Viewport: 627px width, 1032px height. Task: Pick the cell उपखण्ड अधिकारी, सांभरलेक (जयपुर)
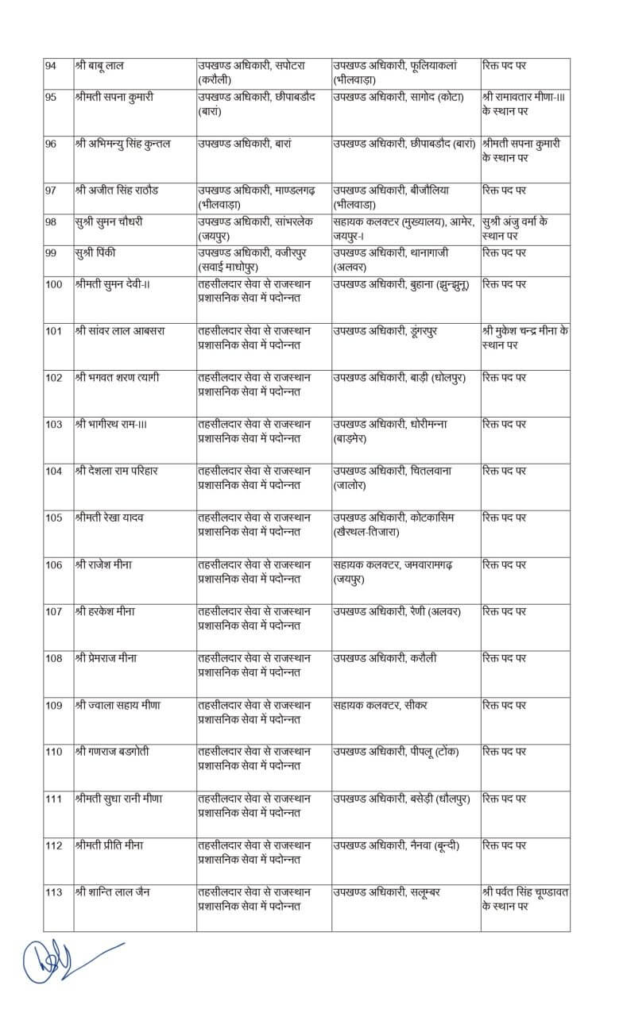251,229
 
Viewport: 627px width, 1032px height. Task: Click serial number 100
54,284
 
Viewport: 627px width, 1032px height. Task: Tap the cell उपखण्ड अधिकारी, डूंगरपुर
383,330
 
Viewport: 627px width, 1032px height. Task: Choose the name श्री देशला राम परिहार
117,471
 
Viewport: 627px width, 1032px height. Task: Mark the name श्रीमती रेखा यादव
110,518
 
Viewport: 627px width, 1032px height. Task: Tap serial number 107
54,611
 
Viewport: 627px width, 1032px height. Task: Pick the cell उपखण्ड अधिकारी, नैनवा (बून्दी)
395,845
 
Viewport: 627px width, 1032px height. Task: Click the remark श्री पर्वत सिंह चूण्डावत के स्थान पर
525,899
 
